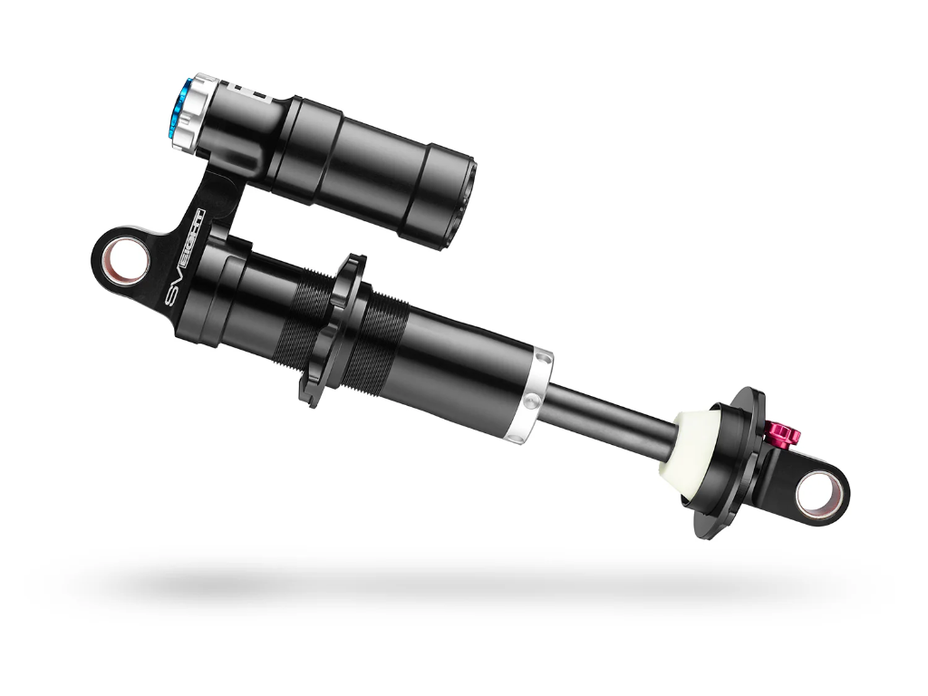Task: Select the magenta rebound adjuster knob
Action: point(780,434)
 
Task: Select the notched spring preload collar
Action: point(332,332)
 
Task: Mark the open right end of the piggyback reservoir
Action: point(464,200)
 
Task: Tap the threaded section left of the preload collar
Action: point(295,313)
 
